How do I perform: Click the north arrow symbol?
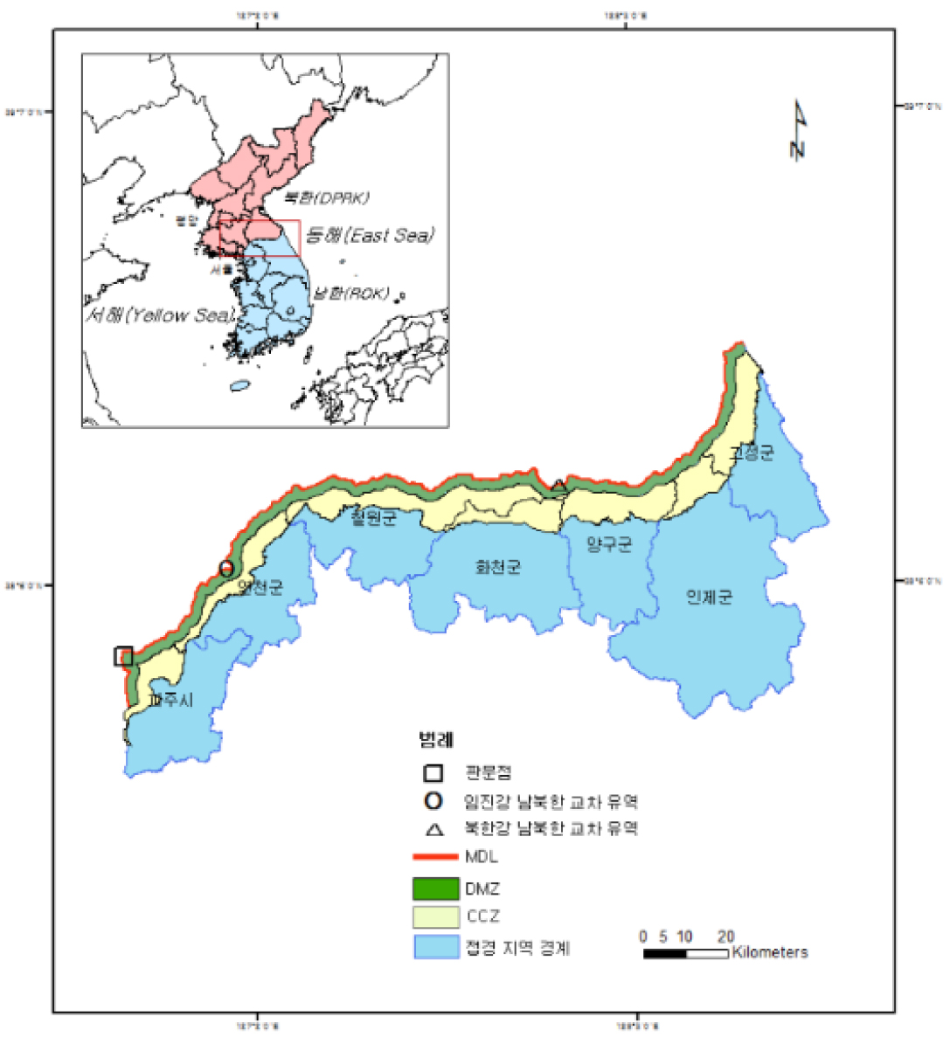(798, 130)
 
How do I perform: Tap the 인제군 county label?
(709, 598)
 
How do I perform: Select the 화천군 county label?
(498, 568)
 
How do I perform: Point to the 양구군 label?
(609, 545)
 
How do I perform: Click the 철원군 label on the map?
(373, 518)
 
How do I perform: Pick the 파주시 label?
(170, 701)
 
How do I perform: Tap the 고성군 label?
(752, 453)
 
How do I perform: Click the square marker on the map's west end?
(123, 656)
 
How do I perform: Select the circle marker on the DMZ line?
(226, 569)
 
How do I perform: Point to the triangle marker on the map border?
(558, 485)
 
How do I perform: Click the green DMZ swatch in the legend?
(436, 889)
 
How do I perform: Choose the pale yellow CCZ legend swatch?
(436, 917)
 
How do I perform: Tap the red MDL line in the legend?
(436, 857)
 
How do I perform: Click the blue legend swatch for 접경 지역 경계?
(436, 948)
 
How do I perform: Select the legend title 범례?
(435, 741)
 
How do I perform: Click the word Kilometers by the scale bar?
(770, 952)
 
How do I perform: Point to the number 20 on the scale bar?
(725, 937)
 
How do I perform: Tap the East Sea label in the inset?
(370, 236)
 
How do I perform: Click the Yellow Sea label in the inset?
(160, 315)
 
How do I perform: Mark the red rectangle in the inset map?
(259, 238)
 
